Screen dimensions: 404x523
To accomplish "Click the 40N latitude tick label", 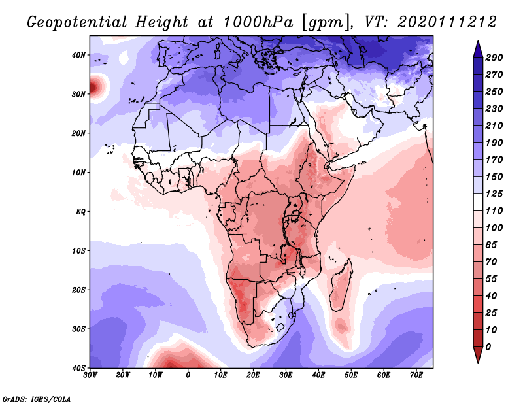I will pyautogui.click(x=78, y=55).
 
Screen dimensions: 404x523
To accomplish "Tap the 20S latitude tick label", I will pyautogui.click(x=78, y=290).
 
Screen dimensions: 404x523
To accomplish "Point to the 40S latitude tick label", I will pyautogui.click(x=78, y=368).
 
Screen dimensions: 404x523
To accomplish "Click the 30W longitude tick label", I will pyautogui.click(x=90, y=375).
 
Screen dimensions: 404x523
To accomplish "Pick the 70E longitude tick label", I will pyautogui.click(x=416, y=375).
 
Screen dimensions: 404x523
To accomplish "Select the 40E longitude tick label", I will pyautogui.click(x=318, y=375).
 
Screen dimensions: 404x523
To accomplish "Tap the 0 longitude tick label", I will pyautogui.click(x=188, y=375).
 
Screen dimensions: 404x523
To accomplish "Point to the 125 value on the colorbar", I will pyautogui.click(x=494, y=194).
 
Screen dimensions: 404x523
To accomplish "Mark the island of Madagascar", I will pyautogui.click(x=340, y=284).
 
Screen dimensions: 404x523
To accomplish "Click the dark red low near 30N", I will pyautogui.click(x=95, y=85).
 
